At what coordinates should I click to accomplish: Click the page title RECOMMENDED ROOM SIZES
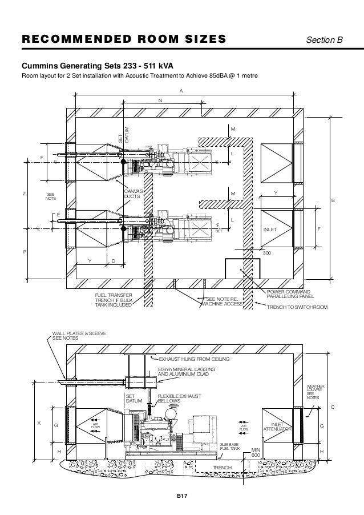(123, 40)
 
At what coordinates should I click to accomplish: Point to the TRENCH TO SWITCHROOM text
(298, 307)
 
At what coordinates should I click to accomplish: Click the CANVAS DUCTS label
(135, 194)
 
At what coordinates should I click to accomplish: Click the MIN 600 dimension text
(256, 453)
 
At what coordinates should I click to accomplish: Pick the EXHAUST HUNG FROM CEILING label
(194, 360)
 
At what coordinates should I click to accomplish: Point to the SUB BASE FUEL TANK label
(231, 447)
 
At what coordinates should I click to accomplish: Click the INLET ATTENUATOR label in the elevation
(277, 427)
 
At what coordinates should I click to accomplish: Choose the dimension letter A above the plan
(181, 90)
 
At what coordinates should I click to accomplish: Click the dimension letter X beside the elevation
(39, 423)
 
